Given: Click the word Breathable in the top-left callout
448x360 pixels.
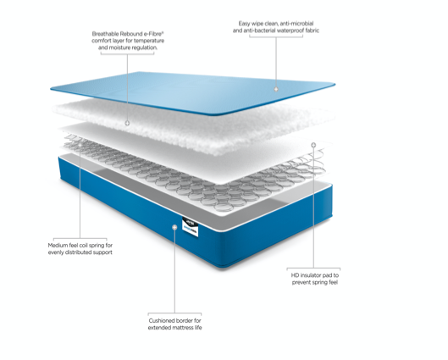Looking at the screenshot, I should click(x=107, y=34).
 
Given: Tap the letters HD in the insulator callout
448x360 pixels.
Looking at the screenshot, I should click(x=295, y=274).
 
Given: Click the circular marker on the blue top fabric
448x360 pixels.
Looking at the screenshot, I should click(x=276, y=88).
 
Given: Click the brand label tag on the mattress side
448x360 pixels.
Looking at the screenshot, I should click(x=191, y=225).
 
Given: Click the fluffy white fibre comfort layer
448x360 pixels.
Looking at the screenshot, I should click(x=212, y=127).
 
